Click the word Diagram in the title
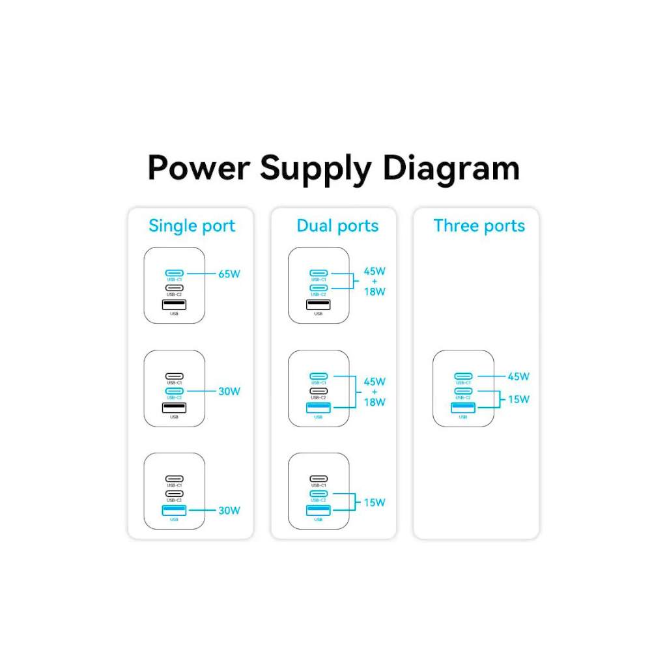(x=451, y=168)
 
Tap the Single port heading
(x=192, y=226)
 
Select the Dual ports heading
(x=337, y=226)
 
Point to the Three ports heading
(x=479, y=226)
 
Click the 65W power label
(x=229, y=274)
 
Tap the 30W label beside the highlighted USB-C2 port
(x=229, y=391)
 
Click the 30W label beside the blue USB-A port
(x=229, y=511)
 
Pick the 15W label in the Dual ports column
(x=375, y=502)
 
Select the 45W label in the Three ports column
(x=518, y=376)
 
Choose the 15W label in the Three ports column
(x=518, y=399)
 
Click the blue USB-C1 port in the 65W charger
(x=174, y=273)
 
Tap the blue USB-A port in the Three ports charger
(x=462, y=408)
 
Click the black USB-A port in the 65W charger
(x=174, y=304)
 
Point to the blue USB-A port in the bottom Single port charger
(x=174, y=511)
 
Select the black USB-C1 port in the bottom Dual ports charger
(x=319, y=479)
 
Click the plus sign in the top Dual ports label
(x=375, y=281)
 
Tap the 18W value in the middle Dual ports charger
(x=375, y=402)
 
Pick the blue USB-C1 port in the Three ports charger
(x=462, y=376)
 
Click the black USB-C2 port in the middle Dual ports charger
(x=319, y=391)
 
